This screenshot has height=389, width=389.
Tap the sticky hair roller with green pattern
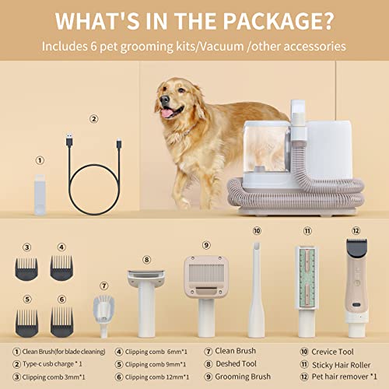point(307,288)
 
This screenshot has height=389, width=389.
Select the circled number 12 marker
point(356,230)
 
